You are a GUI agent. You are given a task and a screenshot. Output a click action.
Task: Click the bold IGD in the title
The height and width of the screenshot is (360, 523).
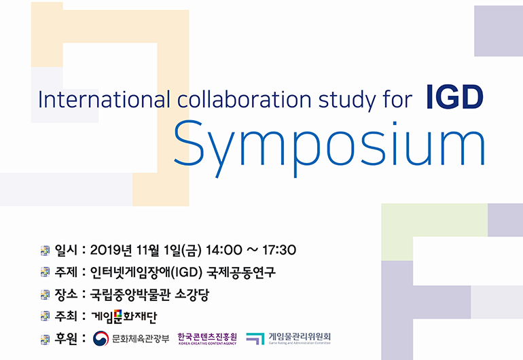click(455, 96)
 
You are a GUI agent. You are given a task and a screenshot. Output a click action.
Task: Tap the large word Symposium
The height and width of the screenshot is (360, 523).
click(329, 147)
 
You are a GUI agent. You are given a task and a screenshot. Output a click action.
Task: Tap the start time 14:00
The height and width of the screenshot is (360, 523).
click(224, 250)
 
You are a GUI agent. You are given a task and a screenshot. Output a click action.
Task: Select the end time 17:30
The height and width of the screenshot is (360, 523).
click(279, 250)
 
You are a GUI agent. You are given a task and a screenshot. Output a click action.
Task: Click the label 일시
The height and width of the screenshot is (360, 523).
click(66, 250)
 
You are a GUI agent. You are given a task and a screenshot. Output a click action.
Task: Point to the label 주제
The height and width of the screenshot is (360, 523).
click(66, 272)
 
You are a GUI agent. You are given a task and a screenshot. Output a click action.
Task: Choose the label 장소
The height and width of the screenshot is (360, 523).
click(66, 294)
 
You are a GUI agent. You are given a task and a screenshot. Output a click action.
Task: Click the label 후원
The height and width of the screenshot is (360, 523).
click(66, 338)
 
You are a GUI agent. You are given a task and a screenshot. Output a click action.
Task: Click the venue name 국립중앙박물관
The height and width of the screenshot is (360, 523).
click(130, 294)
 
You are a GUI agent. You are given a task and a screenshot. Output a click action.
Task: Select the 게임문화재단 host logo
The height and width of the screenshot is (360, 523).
click(124, 317)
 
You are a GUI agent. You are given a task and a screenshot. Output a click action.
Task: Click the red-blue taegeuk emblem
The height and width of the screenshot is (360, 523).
click(101, 338)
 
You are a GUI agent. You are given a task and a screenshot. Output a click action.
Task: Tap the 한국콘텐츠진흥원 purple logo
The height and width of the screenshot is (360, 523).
click(207, 338)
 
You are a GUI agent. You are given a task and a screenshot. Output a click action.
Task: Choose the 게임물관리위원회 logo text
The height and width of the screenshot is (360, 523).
click(300, 338)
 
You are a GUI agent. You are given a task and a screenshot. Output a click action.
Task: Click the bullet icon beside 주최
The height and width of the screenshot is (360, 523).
click(45, 317)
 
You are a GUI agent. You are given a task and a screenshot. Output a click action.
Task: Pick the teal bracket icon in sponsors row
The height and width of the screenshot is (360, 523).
click(255, 338)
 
